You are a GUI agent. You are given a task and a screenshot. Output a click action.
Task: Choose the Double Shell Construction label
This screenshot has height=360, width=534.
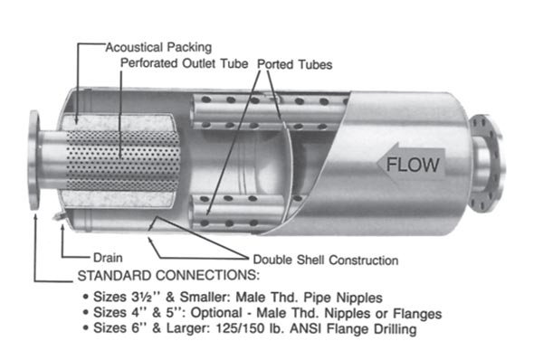(325, 261)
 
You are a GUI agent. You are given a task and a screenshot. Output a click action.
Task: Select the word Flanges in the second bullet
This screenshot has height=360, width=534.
(415, 315)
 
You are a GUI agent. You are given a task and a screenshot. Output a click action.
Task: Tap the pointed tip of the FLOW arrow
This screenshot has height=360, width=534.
(374, 165)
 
